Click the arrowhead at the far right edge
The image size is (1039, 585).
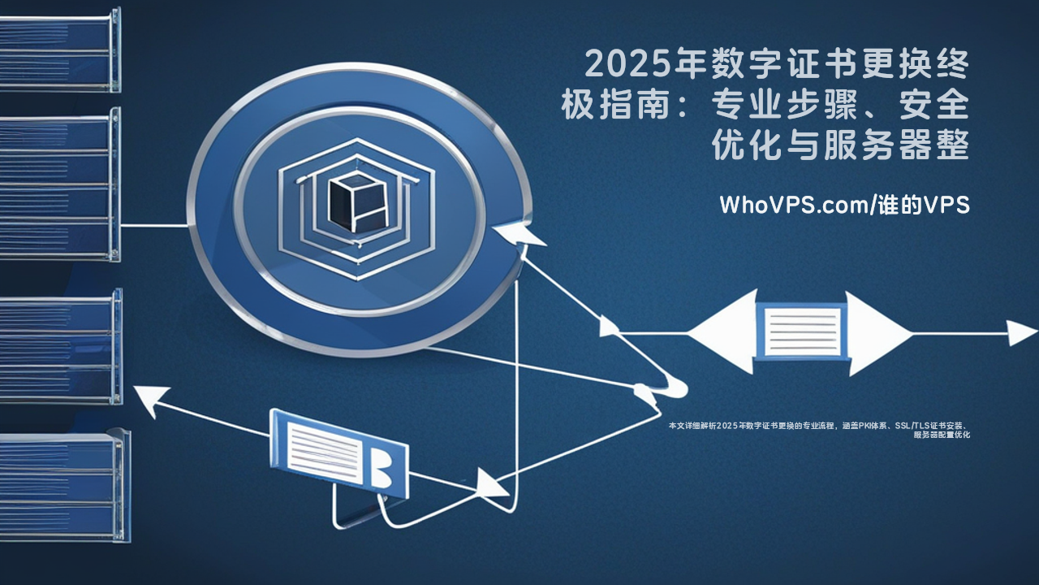click(x=1022, y=332)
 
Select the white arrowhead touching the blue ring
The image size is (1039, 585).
click(x=519, y=234)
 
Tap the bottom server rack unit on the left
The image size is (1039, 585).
click(x=61, y=487)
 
